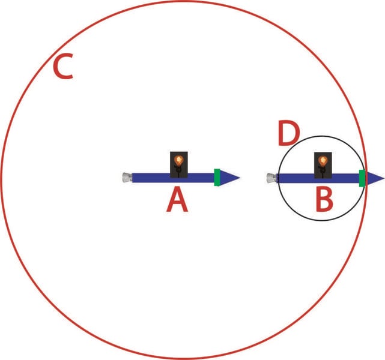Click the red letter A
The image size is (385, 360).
[177, 200]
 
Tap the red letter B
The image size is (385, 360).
[324, 200]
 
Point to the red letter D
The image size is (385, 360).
[288, 133]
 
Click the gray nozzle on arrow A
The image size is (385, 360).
[126, 177]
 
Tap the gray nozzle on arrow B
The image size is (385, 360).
[271, 177]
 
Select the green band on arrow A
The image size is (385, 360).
[217, 177]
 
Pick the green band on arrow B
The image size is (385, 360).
[362, 178]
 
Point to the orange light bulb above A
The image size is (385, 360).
[178, 160]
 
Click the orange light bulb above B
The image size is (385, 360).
[323, 161]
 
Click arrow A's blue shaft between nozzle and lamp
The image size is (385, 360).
[150, 178]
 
